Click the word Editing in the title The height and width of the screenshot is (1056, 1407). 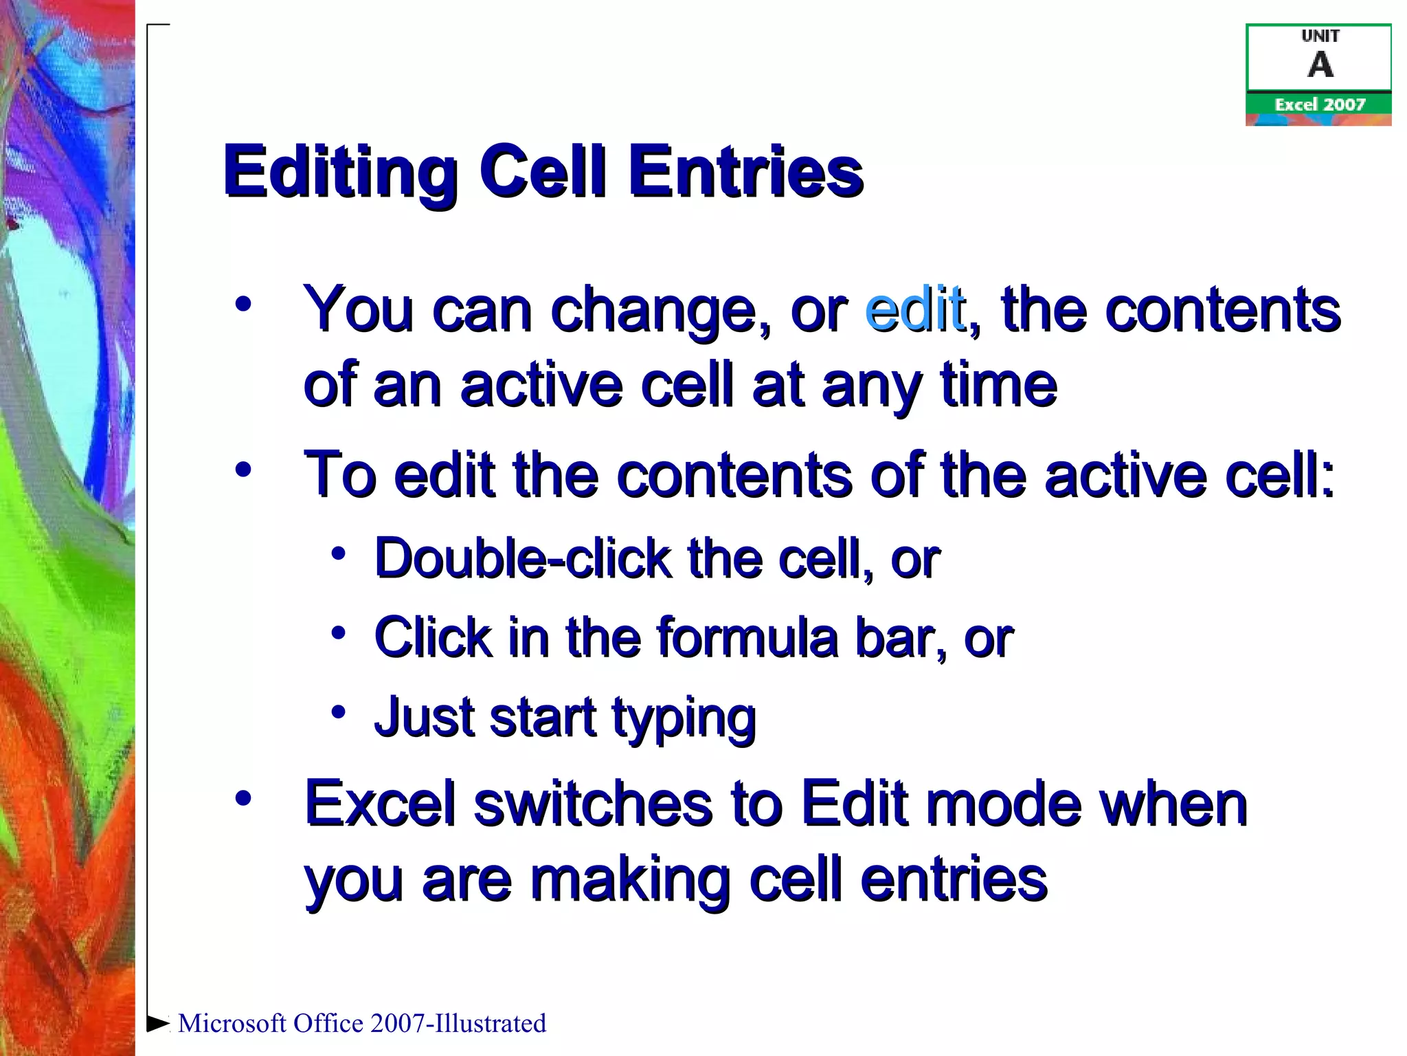340,172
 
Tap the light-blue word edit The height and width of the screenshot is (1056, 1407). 915,309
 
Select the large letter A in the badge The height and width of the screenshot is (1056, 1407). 1320,65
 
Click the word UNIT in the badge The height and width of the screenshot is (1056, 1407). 1320,36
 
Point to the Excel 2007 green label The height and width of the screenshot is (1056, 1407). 1319,104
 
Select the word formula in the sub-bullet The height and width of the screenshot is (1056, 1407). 747,637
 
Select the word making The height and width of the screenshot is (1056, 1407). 630,881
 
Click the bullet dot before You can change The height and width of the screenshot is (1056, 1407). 243,304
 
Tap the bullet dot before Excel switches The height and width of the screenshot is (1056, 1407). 243,798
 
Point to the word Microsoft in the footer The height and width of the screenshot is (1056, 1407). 232,1023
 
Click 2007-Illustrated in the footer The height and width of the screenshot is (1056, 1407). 458,1023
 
